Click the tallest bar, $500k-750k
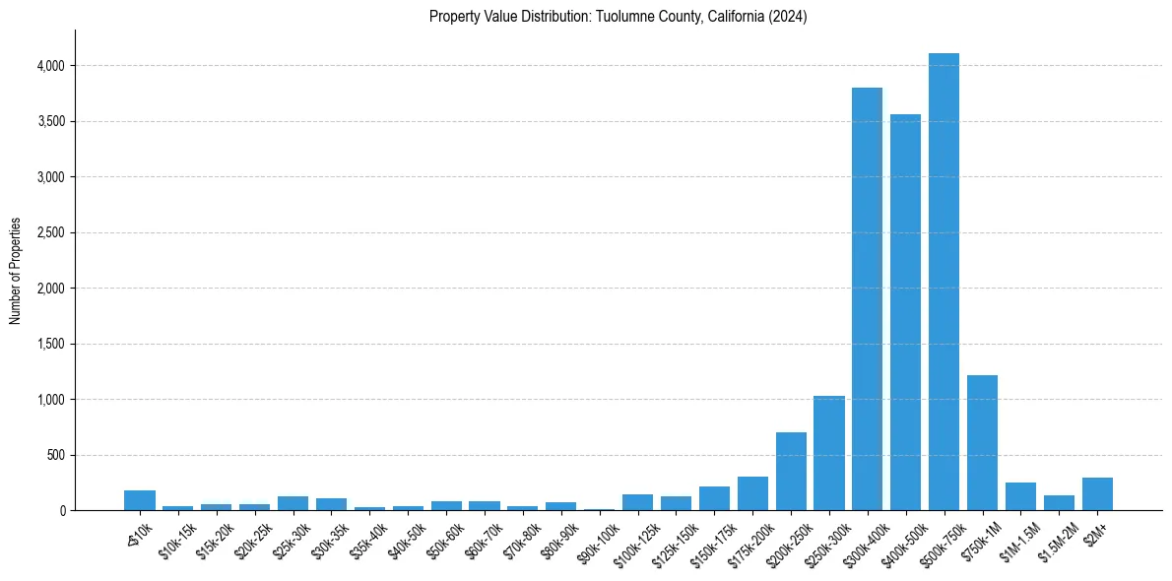pyautogui.click(x=944, y=282)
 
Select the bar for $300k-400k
pyautogui.click(x=867, y=299)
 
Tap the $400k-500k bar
pyautogui.click(x=905, y=312)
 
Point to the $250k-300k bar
pyautogui.click(x=829, y=453)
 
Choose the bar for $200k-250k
pyautogui.click(x=791, y=471)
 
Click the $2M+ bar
pyautogui.click(x=1097, y=494)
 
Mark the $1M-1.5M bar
pyautogui.click(x=1020, y=496)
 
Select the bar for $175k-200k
pyautogui.click(x=752, y=493)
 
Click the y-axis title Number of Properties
pyautogui.click(x=15, y=272)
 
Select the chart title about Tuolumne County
pyautogui.click(x=619, y=17)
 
